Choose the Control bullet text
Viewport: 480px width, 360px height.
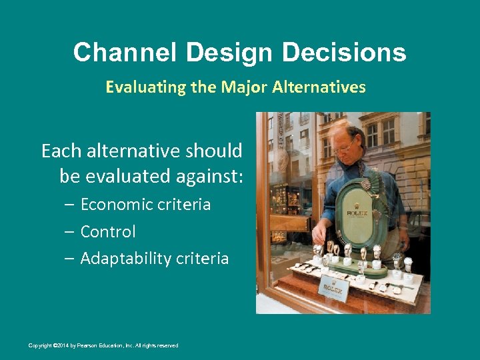pos(107,232)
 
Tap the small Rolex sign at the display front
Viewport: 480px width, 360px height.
pos(333,288)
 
